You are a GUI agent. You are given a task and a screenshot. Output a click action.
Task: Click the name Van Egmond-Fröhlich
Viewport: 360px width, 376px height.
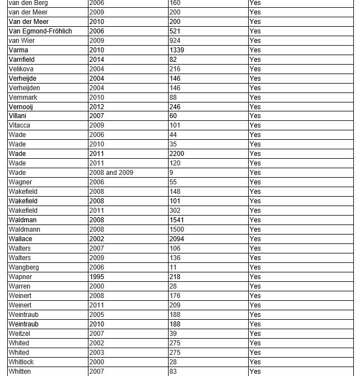tap(41, 31)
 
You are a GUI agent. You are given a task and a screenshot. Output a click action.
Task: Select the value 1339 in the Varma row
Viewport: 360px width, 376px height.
tap(177, 50)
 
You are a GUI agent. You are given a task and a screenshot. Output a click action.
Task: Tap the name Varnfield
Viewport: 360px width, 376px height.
tap(22, 60)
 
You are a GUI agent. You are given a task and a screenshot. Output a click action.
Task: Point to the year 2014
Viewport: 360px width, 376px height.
tap(97, 60)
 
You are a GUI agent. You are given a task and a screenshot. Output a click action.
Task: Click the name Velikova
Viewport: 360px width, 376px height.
tap(21, 69)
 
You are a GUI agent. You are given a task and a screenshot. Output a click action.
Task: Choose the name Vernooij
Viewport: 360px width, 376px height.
tap(21, 107)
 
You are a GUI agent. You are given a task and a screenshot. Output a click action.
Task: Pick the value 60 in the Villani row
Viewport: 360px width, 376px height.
tap(173, 116)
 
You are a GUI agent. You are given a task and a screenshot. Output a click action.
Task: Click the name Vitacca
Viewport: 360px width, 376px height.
tap(19, 125)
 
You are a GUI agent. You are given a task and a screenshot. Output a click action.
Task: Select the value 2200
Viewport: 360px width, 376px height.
tap(177, 154)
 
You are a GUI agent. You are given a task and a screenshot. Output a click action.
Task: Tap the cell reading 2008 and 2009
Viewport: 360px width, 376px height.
tap(111, 173)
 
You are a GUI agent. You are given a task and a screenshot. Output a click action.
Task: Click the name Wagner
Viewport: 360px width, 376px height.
tap(21, 182)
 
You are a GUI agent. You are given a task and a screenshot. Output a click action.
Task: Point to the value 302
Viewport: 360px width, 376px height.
tap(175, 211)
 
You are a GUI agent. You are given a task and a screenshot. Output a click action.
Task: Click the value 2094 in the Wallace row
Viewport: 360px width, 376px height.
tap(177, 239)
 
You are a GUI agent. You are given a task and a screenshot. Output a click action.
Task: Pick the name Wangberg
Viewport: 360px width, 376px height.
tap(24, 267)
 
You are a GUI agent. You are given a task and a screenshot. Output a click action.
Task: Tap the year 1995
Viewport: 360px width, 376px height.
tap(97, 277)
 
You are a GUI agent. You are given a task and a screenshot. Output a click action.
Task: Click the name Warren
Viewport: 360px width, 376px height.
tap(19, 286)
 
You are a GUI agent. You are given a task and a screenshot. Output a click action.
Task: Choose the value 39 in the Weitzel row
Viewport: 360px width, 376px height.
tap(173, 334)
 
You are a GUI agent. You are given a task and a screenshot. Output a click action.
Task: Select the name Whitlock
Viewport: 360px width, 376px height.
tap(21, 362)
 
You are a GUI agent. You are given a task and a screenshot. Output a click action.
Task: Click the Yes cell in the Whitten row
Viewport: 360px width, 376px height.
tap(255, 372)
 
